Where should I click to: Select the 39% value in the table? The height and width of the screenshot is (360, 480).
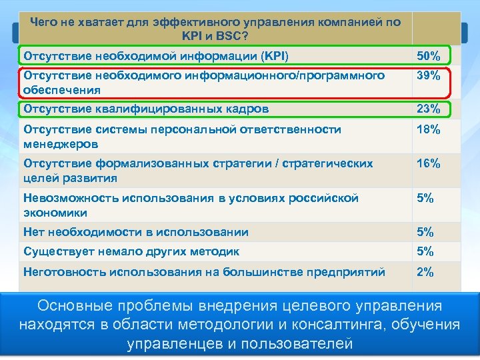click(428, 76)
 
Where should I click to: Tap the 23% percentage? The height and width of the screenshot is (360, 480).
click(428, 109)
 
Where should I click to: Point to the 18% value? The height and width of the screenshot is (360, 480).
click(428, 130)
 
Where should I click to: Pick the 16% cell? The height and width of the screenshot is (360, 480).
click(428, 164)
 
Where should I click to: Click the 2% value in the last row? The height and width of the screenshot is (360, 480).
click(425, 272)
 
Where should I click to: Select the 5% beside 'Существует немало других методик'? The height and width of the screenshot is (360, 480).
click(425, 252)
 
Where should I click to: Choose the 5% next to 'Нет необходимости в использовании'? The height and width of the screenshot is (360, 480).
click(425, 233)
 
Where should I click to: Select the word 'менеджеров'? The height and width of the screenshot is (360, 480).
click(61, 144)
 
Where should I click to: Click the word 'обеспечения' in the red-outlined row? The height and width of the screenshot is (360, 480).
click(62, 89)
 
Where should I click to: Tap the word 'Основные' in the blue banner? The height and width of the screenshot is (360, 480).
click(71, 306)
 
